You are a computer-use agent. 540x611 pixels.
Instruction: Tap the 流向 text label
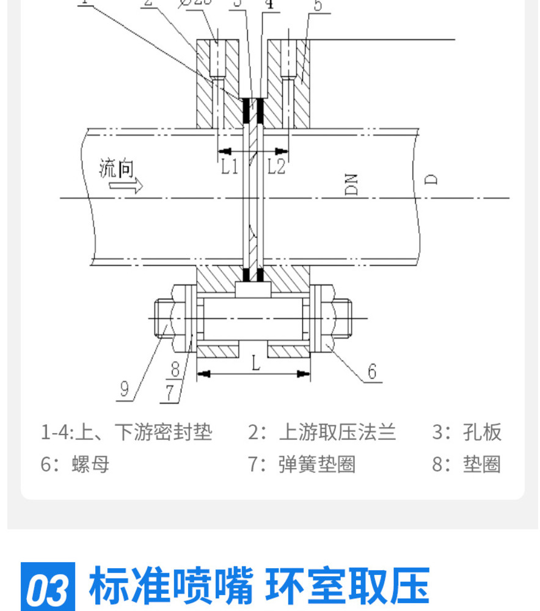click(x=117, y=169)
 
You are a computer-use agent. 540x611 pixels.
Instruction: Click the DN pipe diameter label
click(x=351, y=184)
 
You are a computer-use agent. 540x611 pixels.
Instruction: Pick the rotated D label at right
click(x=431, y=178)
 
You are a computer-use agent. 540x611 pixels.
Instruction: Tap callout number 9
click(x=124, y=389)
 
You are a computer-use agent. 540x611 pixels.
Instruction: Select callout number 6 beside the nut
click(x=371, y=371)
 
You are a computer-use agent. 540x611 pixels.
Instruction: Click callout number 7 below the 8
click(x=172, y=392)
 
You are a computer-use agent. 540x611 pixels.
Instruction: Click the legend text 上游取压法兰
click(x=337, y=433)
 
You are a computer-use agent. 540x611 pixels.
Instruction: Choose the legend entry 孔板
click(x=483, y=433)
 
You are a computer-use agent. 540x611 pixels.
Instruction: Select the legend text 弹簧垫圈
click(x=317, y=464)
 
